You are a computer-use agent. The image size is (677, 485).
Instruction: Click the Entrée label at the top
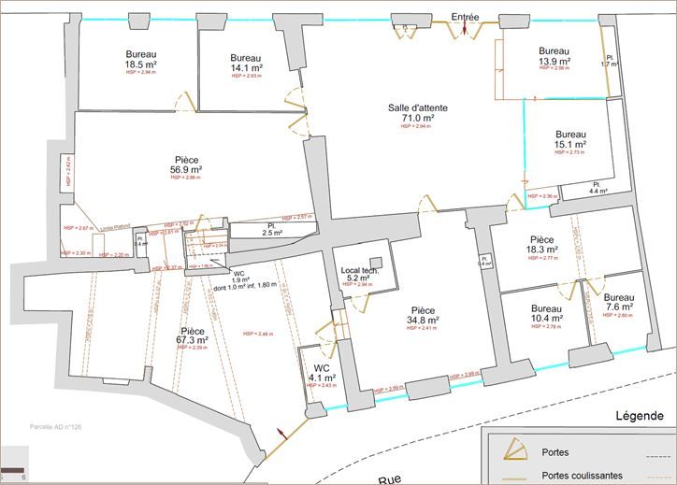coord(465,17)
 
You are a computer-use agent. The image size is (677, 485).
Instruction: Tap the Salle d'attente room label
coord(418,108)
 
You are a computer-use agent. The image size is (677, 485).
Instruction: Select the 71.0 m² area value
coord(418,119)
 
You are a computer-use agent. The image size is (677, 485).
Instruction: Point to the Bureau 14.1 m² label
coord(246,63)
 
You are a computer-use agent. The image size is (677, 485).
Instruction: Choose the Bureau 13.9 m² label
coord(554,57)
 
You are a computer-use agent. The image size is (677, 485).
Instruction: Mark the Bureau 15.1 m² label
coord(569,140)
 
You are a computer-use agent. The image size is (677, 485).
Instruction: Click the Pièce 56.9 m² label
coord(186,165)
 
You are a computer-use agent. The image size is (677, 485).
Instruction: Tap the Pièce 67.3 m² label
coord(193,336)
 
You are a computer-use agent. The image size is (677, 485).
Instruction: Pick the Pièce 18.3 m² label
coord(542,246)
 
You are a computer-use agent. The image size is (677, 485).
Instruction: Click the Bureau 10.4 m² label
coord(547,315)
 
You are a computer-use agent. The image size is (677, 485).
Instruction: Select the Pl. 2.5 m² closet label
coord(272,229)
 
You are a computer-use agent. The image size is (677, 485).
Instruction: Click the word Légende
coord(639,415)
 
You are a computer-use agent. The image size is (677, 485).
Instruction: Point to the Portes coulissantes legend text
coord(579,475)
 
